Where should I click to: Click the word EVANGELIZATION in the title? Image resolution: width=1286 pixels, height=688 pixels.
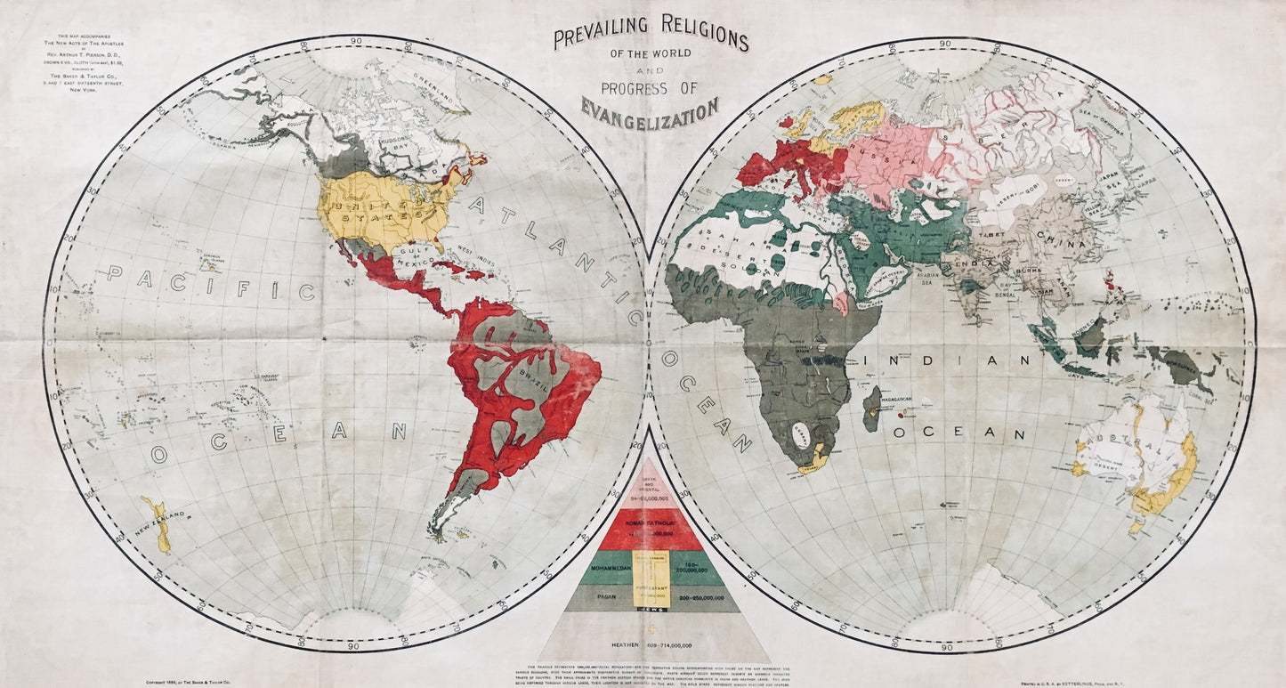pos(650,109)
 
